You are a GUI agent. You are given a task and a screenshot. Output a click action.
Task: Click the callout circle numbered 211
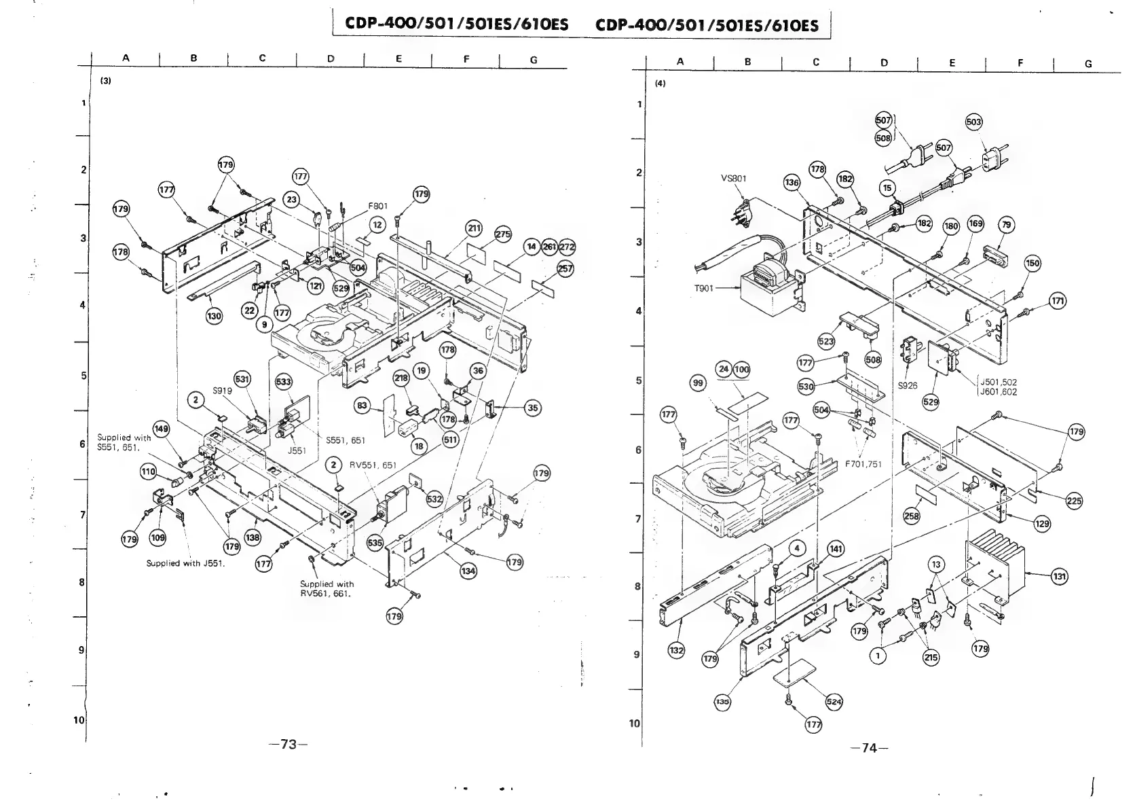click(473, 228)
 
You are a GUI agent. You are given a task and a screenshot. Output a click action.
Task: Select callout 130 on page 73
click(214, 316)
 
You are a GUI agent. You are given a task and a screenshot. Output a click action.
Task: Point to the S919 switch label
click(222, 391)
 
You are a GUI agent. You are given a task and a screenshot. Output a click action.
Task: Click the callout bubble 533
click(283, 382)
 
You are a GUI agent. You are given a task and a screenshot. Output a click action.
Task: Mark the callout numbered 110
click(149, 471)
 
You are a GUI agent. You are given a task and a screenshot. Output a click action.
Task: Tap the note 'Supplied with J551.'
click(185, 563)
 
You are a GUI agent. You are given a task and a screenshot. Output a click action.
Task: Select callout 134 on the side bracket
click(468, 571)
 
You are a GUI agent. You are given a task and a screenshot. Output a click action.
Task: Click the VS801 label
click(733, 179)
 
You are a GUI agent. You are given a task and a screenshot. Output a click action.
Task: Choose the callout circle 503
click(974, 122)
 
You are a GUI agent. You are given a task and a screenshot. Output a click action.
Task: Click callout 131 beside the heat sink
click(1059, 577)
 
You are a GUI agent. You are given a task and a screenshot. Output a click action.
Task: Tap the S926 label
click(908, 385)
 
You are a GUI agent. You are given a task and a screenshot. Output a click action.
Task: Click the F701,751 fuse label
click(863, 464)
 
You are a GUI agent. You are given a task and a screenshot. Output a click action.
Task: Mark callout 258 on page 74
click(912, 516)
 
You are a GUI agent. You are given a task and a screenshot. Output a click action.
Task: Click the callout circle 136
click(792, 182)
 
